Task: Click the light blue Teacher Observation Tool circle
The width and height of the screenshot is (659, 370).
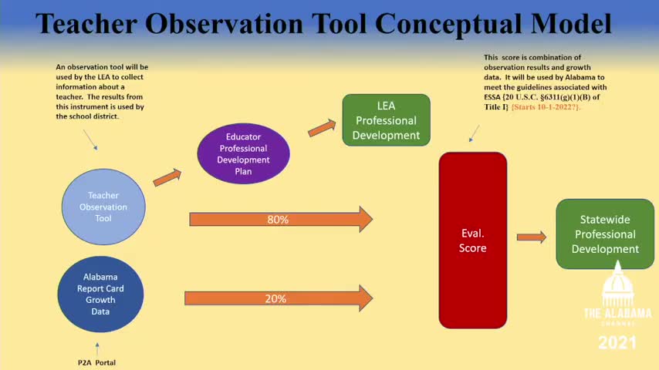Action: tap(103, 207)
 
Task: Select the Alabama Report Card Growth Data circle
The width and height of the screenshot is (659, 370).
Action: tap(100, 294)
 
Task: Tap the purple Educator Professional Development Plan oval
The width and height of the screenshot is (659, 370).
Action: tap(243, 153)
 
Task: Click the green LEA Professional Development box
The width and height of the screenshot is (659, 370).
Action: tap(387, 120)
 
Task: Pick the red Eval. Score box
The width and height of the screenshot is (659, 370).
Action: tap(473, 240)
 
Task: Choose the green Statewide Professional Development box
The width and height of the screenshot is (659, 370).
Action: tap(605, 234)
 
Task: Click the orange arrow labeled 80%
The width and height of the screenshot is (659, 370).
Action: tap(281, 219)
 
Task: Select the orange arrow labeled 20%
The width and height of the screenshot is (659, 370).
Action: tap(279, 298)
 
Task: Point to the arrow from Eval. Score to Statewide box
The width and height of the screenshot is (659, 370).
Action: tap(532, 237)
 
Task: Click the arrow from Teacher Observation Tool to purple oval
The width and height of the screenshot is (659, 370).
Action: tap(167, 177)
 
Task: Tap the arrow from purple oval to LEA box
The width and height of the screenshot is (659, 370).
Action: tap(323, 128)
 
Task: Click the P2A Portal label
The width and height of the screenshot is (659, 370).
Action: tap(96, 362)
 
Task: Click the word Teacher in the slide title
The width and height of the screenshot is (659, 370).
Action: tap(86, 24)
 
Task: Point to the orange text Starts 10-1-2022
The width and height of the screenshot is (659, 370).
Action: tap(546, 107)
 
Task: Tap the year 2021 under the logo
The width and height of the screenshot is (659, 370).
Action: tap(617, 343)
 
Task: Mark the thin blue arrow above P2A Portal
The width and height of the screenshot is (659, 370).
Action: tap(97, 349)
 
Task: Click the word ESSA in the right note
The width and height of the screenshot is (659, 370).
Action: tap(492, 97)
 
